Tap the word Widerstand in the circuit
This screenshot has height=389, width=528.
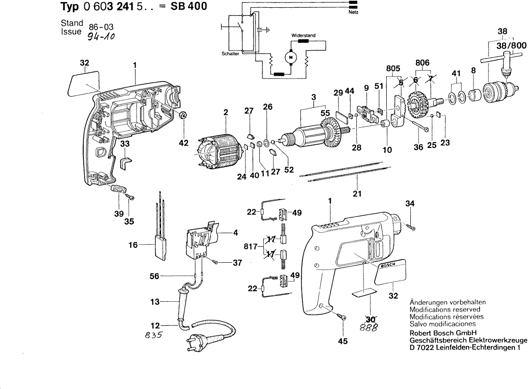pyautogui.click(x=303, y=36)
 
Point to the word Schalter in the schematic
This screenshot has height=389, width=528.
pyautogui.click(x=230, y=54)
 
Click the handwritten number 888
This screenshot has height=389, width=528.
pyautogui.click(x=371, y=327)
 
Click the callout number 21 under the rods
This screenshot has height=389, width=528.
pyautogui.click(x=357, y=194)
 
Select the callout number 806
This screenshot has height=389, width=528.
pyautogui.click(x=422, y=62)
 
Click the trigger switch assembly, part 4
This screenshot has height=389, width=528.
pyautogui.click(x=202, y=240)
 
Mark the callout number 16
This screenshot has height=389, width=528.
pyautogui.click(x=134, y=245)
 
